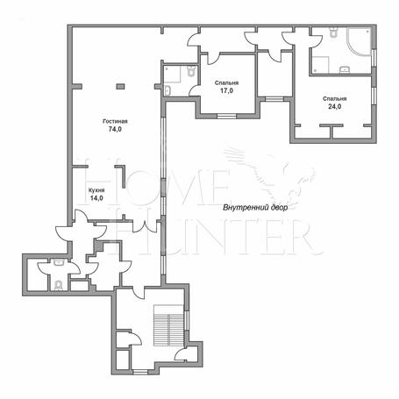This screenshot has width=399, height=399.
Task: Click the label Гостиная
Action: pos(115,121)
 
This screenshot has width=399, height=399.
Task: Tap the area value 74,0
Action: pos(115,129)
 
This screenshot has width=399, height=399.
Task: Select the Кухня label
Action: pos(96,190)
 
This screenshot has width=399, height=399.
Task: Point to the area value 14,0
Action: pos(96,198)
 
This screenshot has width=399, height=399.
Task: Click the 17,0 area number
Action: pos(226,90)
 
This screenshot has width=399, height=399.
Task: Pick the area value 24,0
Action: pos(334,106)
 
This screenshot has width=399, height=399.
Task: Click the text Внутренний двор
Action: pos(255,208)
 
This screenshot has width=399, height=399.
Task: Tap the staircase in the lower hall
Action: pos(168,325)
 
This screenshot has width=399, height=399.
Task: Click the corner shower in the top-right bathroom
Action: pos(359,41)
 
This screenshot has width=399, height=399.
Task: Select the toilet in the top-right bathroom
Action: pos(333,32)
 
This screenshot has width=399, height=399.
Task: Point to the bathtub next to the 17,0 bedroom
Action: pos(167,90)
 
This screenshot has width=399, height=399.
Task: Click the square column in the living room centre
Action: pos(120,86)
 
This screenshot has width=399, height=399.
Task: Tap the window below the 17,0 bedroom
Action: pos(227,117)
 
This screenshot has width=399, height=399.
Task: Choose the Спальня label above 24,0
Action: pos(334,99)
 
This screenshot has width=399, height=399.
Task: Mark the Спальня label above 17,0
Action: pos(226,83)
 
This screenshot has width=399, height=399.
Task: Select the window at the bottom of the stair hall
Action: pos(140,372)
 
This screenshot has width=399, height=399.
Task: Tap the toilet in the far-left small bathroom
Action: pos(59,285)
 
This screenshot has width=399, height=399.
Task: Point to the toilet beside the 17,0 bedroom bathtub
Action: pos(191,70)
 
